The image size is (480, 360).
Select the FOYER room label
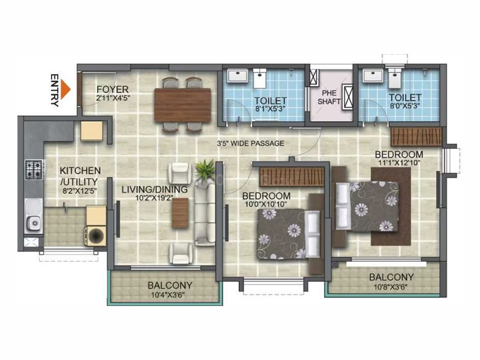(x=113, y=90)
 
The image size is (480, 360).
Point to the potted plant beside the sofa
(x=205, y=169)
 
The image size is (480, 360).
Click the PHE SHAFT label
(x=328, y=97)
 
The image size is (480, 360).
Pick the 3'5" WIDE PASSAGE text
(x=250, y=143)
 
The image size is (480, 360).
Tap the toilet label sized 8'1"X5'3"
(x=270, y=109)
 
